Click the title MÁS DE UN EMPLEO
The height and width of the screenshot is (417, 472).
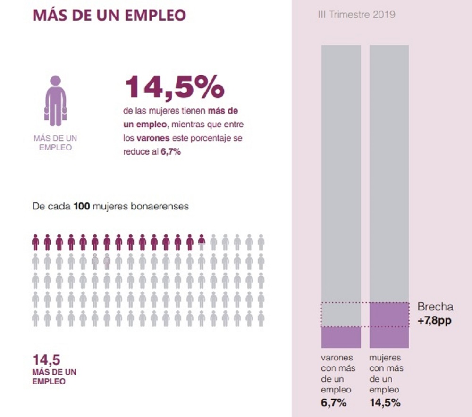[x=109, y=15]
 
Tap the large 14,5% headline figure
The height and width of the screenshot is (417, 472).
[x=174, y=88]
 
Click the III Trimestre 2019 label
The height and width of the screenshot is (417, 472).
[x=357, y=15]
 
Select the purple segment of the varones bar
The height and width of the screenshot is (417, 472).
[x=341, y=337]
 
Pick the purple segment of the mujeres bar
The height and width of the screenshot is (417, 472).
[x=389, y=325]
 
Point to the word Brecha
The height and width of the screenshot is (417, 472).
[x=435, y=307]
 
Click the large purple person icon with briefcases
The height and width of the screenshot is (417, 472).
[x=55, y=101]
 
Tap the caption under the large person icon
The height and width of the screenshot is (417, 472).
[x=55, y=142]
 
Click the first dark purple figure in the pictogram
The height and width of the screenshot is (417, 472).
[x=35, y=242]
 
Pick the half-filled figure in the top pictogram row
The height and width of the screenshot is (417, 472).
[x=202, y=242]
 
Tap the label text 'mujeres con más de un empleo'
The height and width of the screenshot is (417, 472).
[x=385, y=374]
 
